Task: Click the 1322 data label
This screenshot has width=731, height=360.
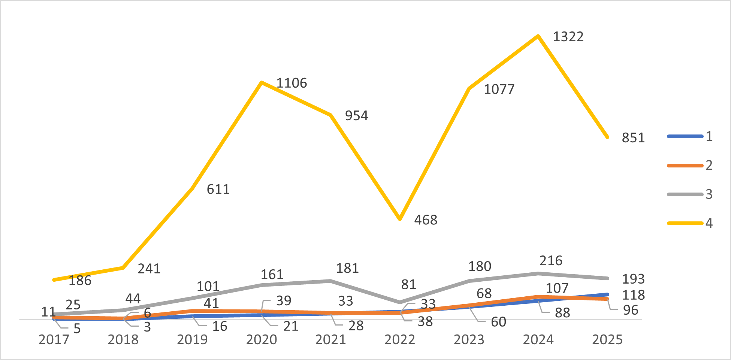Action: [568, 37]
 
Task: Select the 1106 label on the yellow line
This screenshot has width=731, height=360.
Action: [292, 83]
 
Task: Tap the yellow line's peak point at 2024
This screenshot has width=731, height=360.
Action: [538, 36]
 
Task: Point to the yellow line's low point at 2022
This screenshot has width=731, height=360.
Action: [400, 219]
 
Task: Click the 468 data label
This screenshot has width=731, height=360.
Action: [426, 220]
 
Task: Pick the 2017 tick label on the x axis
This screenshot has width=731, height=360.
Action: [54, 339]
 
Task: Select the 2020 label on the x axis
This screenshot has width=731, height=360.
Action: [262, 339]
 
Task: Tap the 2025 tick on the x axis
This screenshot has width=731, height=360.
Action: [607, 339]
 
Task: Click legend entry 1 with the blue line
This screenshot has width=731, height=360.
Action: [690, 136]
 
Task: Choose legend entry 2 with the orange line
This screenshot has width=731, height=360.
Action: [690, 165]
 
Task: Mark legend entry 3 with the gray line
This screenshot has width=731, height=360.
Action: [690, 194]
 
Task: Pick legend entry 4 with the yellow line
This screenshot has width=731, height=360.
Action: [690, 223]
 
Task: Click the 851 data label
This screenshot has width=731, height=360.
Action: [633, 138]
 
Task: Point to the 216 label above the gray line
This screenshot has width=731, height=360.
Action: [551, 261]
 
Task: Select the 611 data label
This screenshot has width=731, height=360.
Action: [218, 189]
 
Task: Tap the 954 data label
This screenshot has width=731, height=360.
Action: [356, 116]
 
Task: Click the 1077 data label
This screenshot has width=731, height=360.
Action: [499, 89]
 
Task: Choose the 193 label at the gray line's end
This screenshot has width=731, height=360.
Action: [633, 279]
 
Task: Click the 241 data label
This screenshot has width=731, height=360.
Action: [149, 269]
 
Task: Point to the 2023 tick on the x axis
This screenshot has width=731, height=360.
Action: [469, 339]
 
